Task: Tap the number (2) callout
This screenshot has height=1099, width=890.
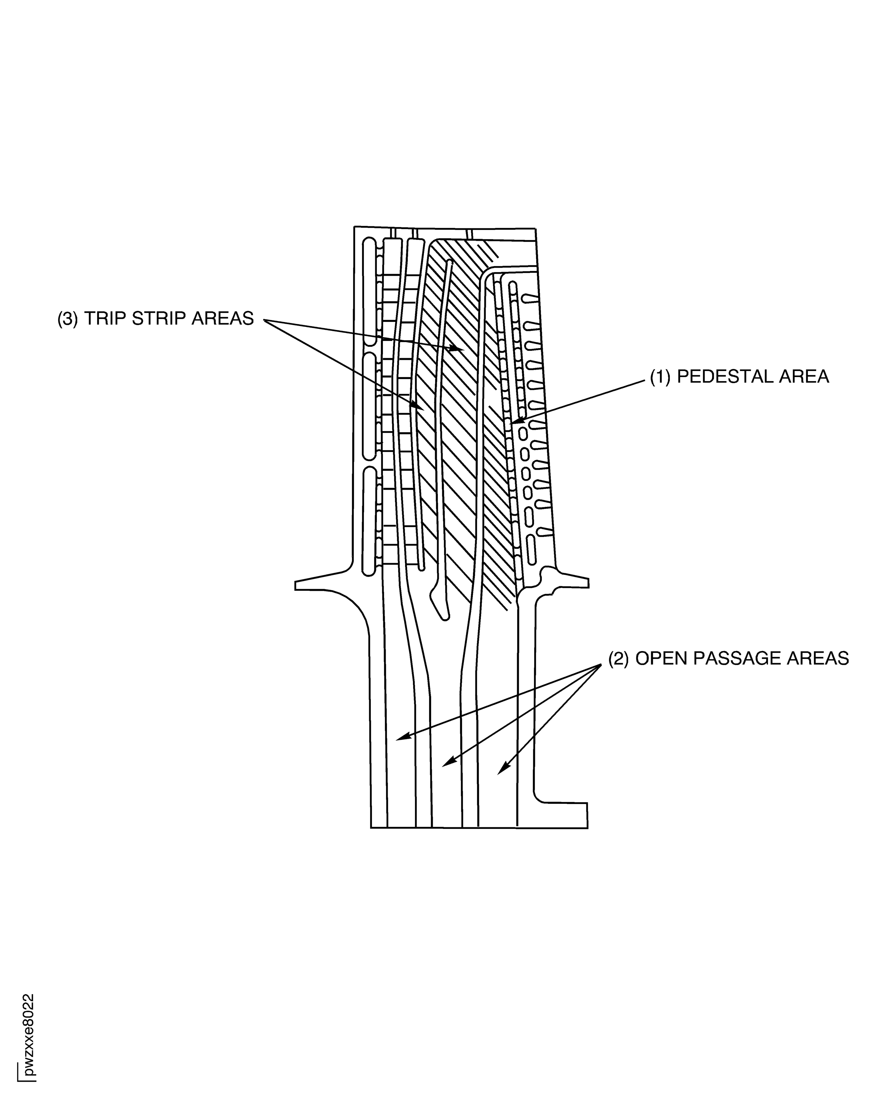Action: (618, 658)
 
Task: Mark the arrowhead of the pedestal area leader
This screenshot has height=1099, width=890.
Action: (515, 422)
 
